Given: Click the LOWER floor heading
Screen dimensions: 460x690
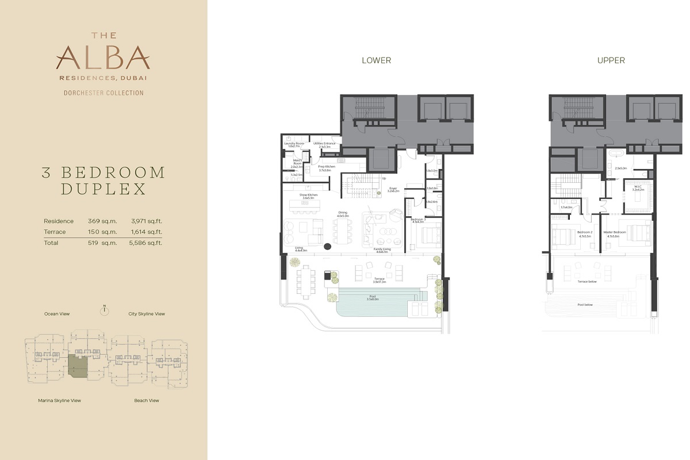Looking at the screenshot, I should tap(376, 60).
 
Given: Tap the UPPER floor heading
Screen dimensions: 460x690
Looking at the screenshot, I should tap(611, 60).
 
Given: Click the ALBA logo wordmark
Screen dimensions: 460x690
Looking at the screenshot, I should tap(103, 58).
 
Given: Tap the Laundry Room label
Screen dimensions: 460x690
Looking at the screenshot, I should tap(294, 144).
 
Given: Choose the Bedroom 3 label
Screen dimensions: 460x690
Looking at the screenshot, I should tap(418, 220).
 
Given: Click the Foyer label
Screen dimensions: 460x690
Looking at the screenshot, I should tap(393, 189).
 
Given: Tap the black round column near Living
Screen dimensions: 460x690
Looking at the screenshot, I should tap(328, 247).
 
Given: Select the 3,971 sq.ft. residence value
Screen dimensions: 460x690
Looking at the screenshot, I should tap(147, 221).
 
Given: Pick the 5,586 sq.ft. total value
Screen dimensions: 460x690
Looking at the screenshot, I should tap(147, 243).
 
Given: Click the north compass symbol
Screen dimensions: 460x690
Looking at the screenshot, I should tap(104, 311).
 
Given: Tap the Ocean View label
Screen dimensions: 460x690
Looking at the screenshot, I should tap(57, 314).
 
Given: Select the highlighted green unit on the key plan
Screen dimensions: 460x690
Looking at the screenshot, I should tap(78, 365).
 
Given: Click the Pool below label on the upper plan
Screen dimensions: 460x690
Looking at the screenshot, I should tap(585, 305).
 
